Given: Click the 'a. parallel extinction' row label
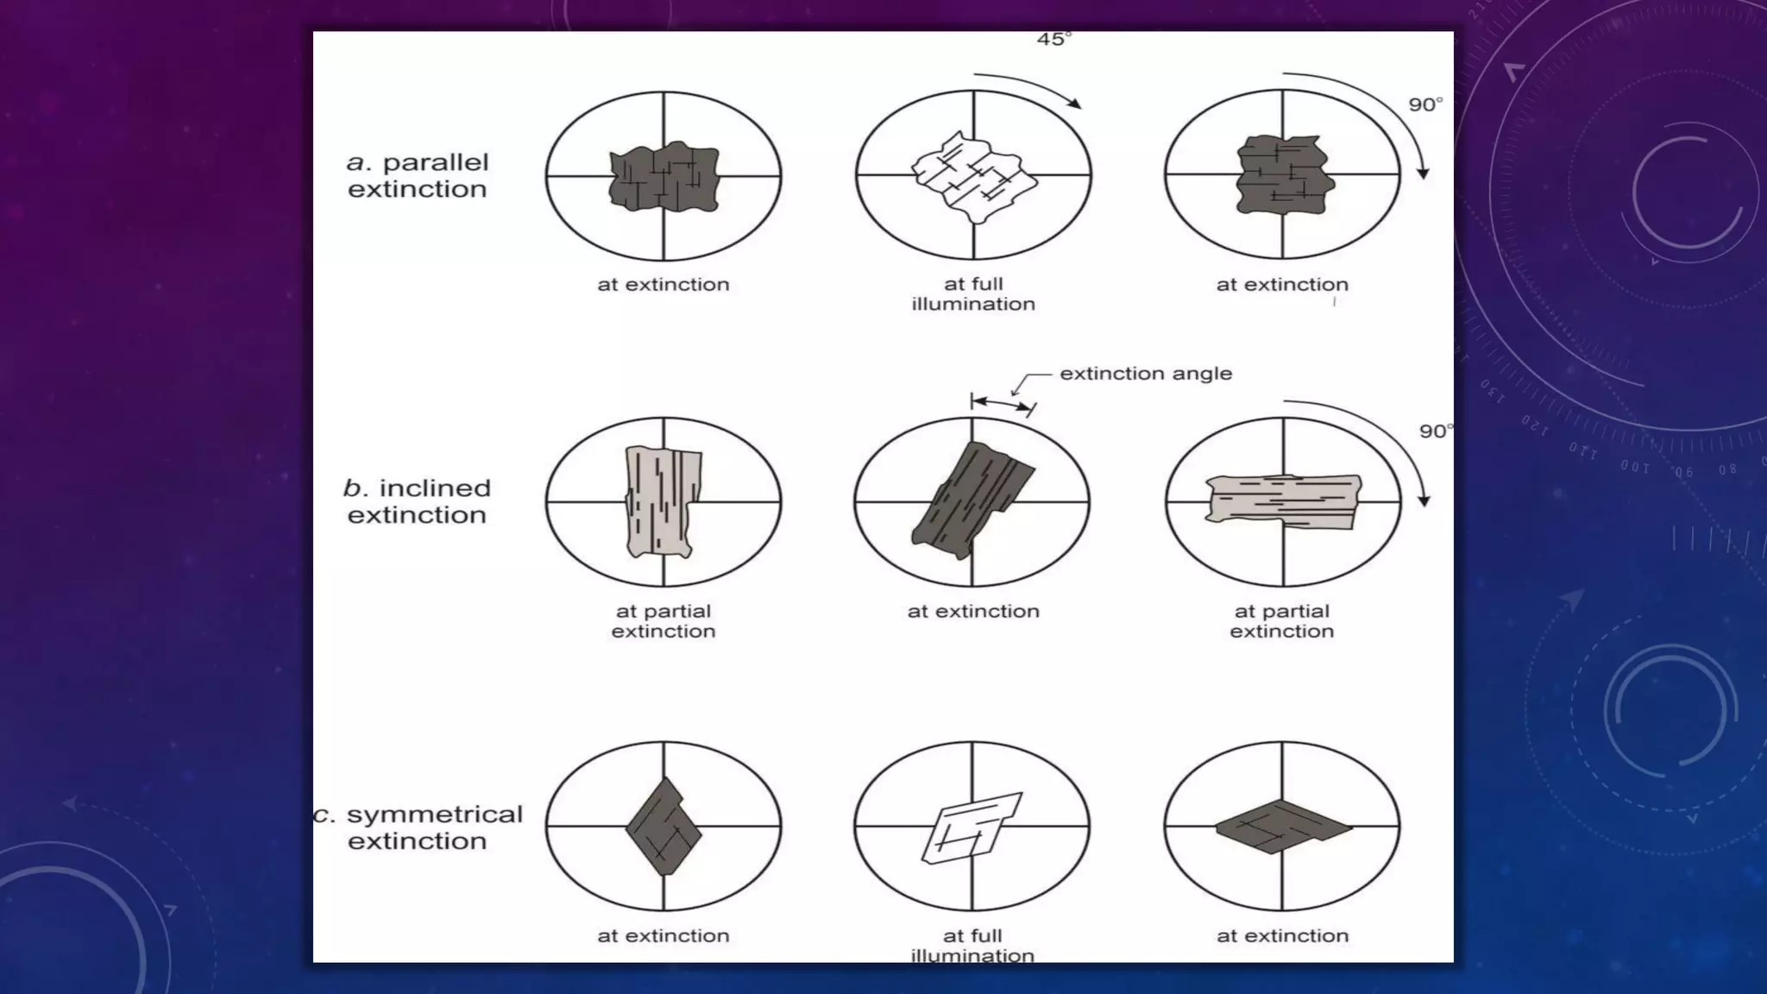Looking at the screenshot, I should point(418,175).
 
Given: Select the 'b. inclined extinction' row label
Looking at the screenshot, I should point(417,501).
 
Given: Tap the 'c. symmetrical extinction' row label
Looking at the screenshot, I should point(418,827).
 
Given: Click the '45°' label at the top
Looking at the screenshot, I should point(1053,40).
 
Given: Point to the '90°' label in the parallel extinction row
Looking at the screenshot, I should point(1425,104).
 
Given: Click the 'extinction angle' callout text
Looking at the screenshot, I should point(1145,374).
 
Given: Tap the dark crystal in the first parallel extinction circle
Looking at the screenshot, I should point(663,179).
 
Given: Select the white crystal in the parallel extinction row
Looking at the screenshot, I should point(973,178).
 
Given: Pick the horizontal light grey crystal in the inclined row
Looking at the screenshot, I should point(1282,500).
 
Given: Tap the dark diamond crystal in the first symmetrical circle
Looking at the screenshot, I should point(663,827).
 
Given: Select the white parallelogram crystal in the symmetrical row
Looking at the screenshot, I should point(972,827).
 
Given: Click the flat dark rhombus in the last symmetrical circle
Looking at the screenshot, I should point(1282,827).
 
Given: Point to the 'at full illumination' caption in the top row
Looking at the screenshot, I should point(973,293).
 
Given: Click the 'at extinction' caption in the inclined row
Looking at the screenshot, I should point(973,611).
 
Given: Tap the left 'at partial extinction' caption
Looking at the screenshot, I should point(663,621).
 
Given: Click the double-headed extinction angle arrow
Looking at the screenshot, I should point(1002,403).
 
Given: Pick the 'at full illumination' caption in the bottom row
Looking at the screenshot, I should point(972,945).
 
